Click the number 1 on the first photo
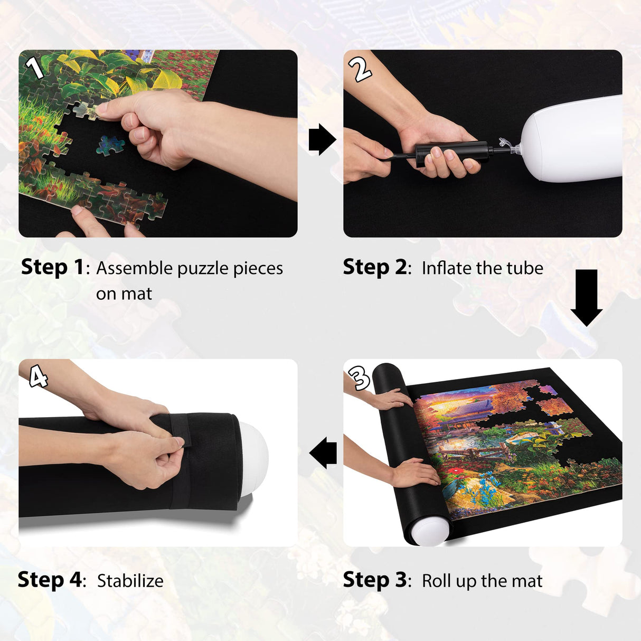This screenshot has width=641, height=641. point(34,68)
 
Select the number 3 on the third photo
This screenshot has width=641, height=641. point(360,378)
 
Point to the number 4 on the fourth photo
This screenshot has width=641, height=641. point(38,377)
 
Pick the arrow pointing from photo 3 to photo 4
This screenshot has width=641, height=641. point(323,453)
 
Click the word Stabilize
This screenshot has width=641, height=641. point(130,581)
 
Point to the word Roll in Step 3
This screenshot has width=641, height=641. point(436,581)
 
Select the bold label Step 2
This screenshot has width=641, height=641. point(374,267)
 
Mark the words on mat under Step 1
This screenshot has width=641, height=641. point(124,294)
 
